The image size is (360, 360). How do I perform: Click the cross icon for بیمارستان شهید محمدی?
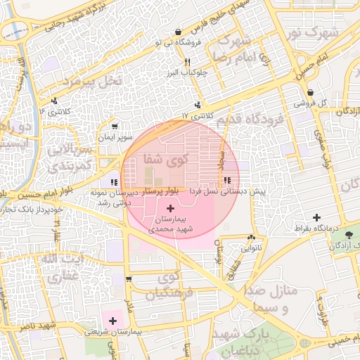click(x=171, y=209)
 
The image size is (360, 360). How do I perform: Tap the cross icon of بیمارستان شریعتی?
click(x=112, y=321)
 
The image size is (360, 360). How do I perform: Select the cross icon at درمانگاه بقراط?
click(x=316, y=217)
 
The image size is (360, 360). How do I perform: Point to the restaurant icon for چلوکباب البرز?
click(x=186, y=62)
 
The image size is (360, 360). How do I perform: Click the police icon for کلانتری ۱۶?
click(x=55, y=101)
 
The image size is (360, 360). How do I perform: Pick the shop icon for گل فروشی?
click(x=310, y=92)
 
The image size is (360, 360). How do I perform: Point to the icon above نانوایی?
click(x=252, y=238)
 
